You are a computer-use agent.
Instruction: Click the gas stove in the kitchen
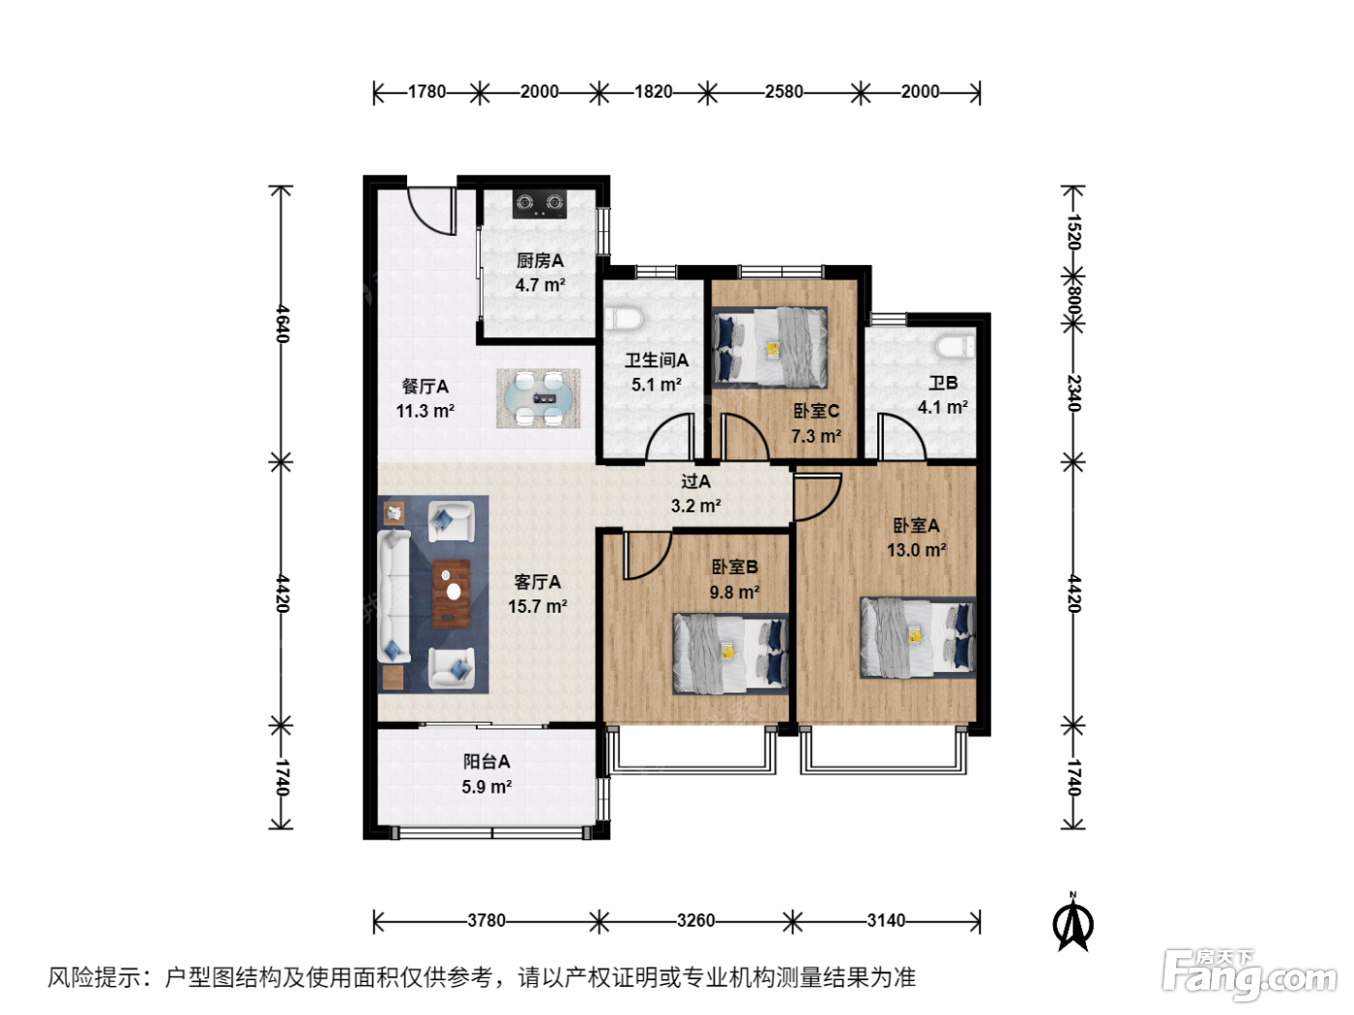[x=539, y=203]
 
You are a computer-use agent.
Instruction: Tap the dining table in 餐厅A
[x=538, y=398]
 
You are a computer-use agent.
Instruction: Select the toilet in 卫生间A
[x=624, y=319]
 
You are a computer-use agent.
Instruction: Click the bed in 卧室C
[x=770, y=347]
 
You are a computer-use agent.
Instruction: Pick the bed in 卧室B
[x=730, y=653]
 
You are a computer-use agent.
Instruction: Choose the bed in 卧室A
[x=918, y=637]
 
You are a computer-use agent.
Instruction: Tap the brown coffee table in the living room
[x=451, y=594]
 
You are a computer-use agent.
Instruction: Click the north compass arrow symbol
[x=1073, y=923]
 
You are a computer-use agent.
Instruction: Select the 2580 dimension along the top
[x=783, y=92]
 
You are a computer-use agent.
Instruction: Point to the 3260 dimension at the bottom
[x=695, y=920]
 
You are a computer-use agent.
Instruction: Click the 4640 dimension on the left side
[x=281, y=324]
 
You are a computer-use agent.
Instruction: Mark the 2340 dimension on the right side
[x=1074, y=393]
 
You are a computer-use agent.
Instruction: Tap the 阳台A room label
[x=486, y=763]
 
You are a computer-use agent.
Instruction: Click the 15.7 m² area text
[x=538, y=606]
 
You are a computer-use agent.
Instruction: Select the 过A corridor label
[x=695, y=481]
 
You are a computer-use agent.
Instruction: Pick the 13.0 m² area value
[x=917, y=550]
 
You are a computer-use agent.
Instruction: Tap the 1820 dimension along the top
[x=653, y=92]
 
